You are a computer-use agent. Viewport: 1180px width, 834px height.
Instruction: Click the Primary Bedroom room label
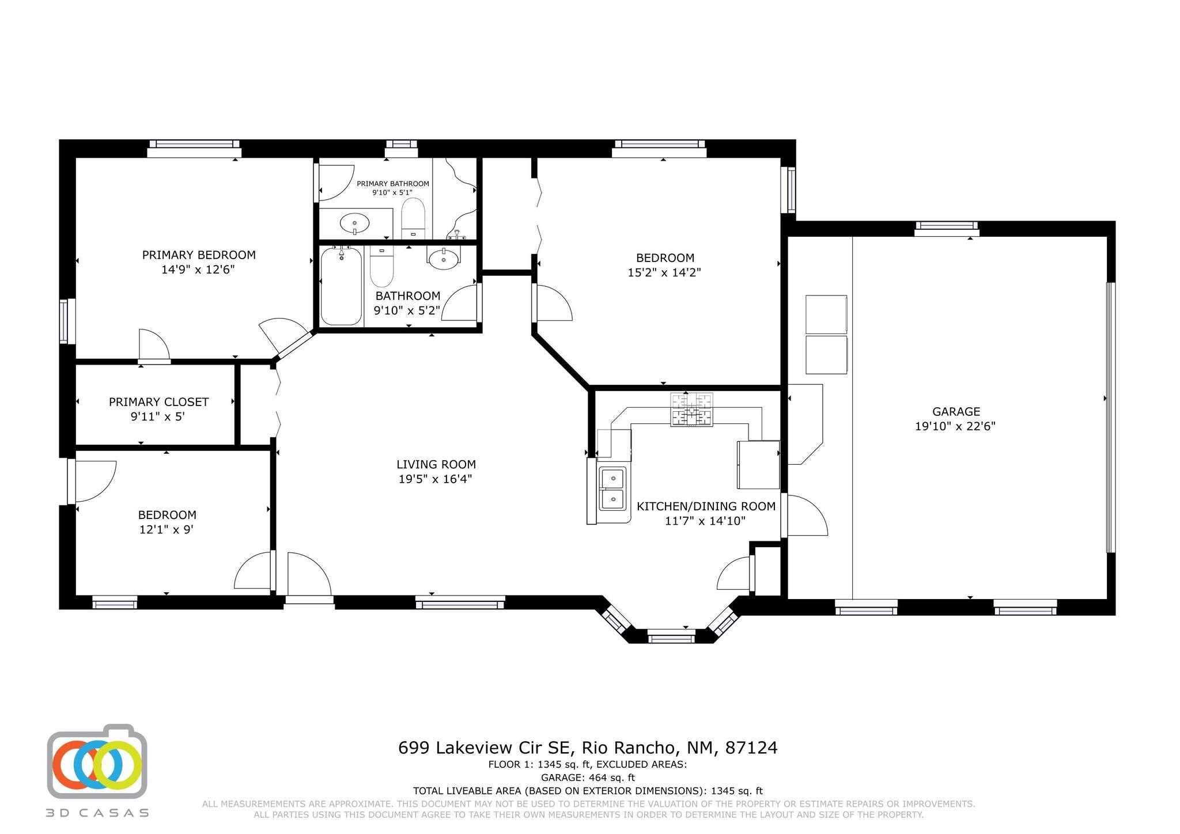tap(199, 255)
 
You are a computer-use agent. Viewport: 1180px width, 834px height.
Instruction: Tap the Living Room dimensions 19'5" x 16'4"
tap(436, 479)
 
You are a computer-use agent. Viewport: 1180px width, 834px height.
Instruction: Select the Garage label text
tap(956, 411)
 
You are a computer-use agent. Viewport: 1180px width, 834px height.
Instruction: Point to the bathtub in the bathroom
tap(341, 286)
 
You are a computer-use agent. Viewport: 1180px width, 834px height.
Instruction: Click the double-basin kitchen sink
tap(612, 488)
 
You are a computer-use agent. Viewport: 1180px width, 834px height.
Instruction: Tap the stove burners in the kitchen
tap(691, 410)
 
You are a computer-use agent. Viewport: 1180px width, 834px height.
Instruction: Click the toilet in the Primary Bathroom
tap(413, 218)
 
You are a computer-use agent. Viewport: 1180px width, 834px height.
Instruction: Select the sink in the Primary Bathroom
tap(355, 222)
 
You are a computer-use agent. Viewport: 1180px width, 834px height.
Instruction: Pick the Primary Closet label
tap(158, 401)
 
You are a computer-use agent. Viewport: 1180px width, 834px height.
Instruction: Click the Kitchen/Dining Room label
tap(706, 506)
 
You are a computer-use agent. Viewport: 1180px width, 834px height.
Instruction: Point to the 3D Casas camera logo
tap(97, 761)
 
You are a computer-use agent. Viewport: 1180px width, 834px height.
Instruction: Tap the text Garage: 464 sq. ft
tap(588, 778)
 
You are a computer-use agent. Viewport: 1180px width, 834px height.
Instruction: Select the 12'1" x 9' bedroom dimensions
tap(166, 529)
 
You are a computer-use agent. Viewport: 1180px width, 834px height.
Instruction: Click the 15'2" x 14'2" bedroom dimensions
tap(664, 272)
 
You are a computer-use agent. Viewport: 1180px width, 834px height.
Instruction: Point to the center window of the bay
tap(671, 637)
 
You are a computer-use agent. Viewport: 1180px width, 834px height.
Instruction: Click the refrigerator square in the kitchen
tap(758, 465)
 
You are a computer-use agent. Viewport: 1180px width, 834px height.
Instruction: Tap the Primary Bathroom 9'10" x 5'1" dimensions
tap(392, 192)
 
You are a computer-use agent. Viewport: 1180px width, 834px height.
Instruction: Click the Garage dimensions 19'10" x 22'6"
tap(955, 426)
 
